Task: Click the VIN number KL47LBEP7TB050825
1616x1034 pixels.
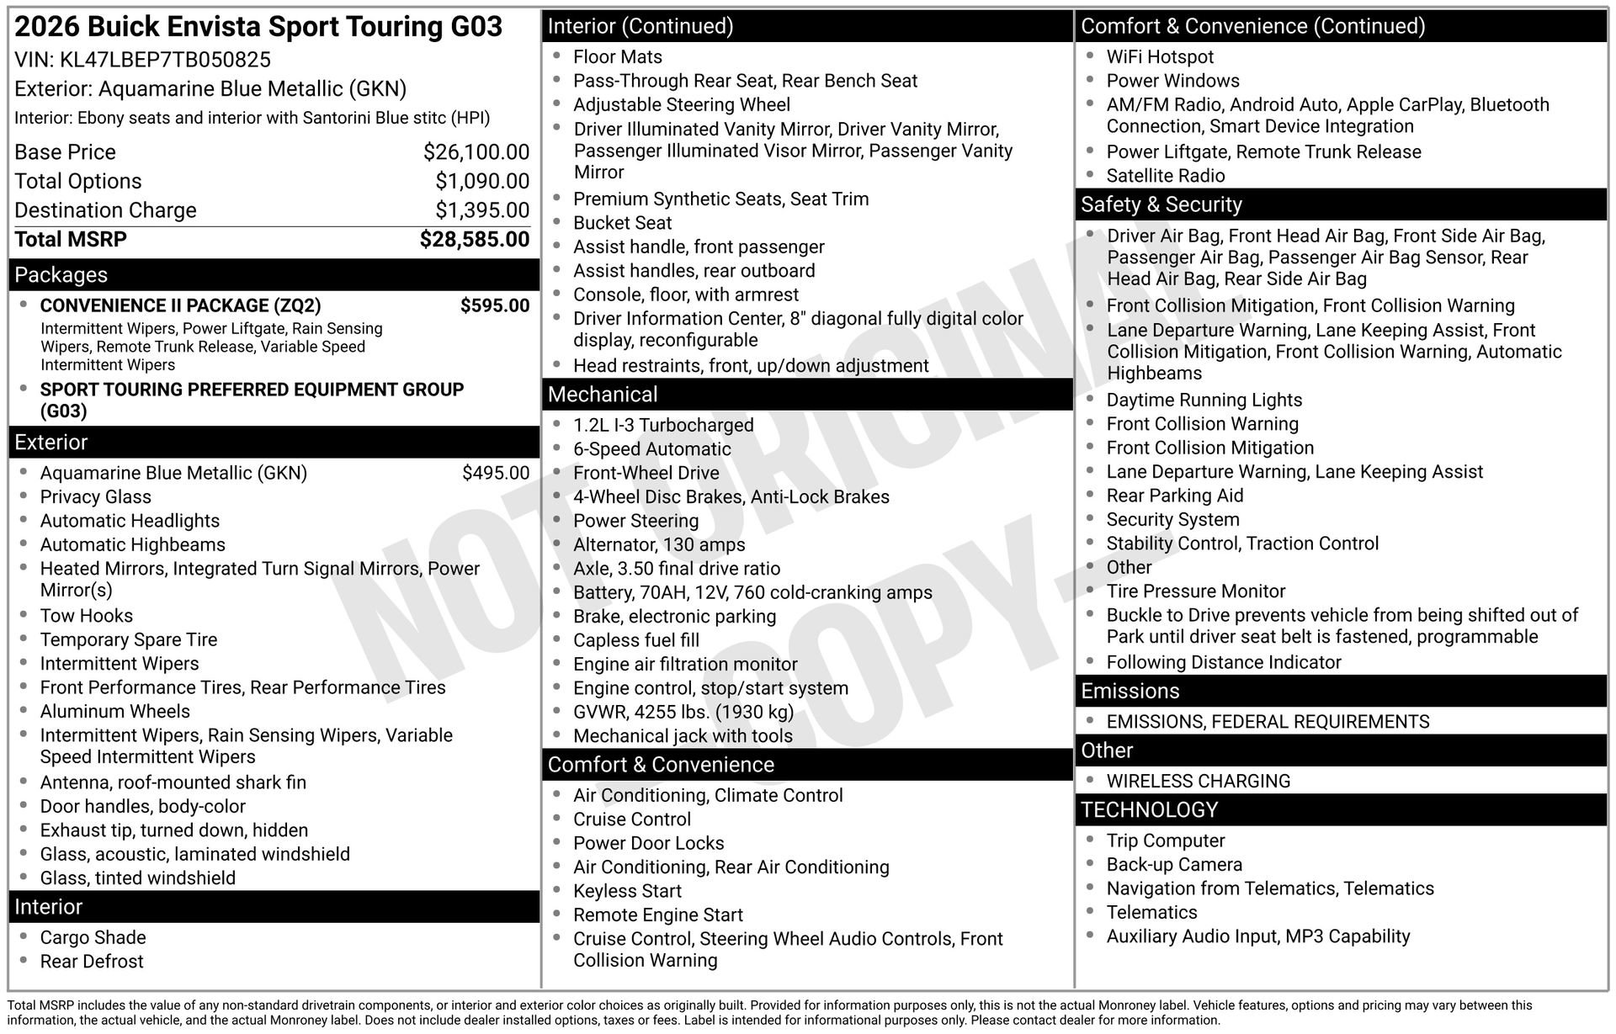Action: [165, 60]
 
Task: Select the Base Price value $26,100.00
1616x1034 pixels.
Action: [476, 152]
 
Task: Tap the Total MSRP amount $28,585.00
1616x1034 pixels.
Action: [474, 240]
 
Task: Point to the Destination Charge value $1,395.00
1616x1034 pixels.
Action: [481, 210]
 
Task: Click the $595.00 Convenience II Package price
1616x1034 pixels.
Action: [494, 305]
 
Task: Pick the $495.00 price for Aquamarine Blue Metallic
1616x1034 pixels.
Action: [495, 473]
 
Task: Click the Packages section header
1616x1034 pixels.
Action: [61, 275]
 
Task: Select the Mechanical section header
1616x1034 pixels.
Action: [603, 395]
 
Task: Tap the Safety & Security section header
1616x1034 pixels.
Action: [1161, 204]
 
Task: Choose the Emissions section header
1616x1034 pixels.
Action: [1130, 691]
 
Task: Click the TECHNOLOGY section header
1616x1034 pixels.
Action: [1149, 809]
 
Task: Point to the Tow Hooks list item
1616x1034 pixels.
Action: [86, 616]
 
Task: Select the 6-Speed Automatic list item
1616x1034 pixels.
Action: [651, 449]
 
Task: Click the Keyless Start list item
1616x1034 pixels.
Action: [627, 891]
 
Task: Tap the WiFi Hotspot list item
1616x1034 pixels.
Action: [1160, 57]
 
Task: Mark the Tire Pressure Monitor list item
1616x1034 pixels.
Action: [1195, 591]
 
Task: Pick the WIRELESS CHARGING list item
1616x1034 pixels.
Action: [1198, 781]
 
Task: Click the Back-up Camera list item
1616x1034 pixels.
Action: [1173, 865]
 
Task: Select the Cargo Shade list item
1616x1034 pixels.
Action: [93, 938]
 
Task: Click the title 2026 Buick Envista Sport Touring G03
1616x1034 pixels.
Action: [258, 27]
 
